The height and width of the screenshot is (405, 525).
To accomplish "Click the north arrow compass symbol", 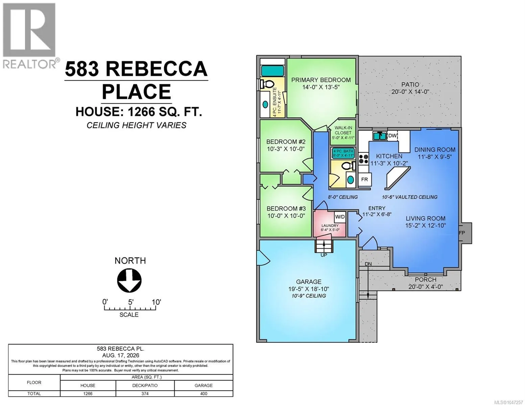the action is tap(129, 280).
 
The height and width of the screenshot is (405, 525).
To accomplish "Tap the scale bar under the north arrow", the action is tap(130, 307).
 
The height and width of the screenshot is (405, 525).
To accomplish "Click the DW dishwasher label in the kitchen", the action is tap(392, 136).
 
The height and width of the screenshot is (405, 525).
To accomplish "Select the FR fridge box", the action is tap(364, 179).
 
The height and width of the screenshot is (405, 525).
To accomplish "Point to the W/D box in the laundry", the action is tap(340, 217).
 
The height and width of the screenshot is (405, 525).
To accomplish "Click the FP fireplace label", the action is tap(462, 233).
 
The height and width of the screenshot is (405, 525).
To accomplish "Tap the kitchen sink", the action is tap(380, 136).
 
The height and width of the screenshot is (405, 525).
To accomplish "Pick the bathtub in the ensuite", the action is tap(272, 71).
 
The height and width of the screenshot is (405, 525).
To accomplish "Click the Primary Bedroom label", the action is tap(321, 80).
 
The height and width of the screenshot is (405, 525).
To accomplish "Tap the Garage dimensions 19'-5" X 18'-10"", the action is tap(309, 289).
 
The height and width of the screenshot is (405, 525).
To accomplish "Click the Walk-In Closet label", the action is tap(343, 130).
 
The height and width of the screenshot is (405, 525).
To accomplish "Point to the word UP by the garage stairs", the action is tap(324, 255).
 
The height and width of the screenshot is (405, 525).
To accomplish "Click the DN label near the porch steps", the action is tap(368, 264).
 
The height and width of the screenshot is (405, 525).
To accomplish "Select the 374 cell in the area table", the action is tap(145, 394).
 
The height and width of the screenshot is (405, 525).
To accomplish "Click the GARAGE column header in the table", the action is tap(204, 385).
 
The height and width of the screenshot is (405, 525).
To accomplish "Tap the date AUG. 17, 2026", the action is tap(121, 355).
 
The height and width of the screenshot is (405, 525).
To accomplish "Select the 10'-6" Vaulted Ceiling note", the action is tap(409, 197).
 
